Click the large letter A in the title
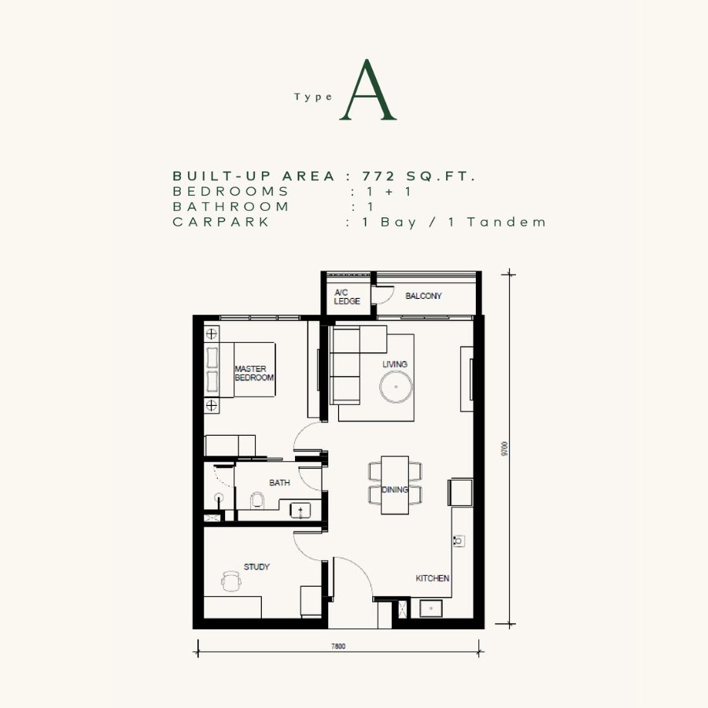tap(368, 90)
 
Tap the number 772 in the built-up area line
tap(378, 176)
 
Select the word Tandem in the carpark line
tap(506, 222)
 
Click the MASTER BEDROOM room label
tap(254, 374)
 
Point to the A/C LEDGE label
tap(347, 297)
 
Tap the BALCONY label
tap(423, 297)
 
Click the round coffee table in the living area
tap(396, 387)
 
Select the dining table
tap(395, 485)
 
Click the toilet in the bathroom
tap(257, 500)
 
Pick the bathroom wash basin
tap(301, 511)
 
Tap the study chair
tap(231, 581)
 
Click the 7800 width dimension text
tap(338, 646)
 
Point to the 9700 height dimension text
tap(505, 449)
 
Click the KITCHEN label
tap(433, 578)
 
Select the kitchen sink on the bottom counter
tap(431, 609)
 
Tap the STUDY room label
tap(256, 566)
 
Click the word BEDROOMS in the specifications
tap(230, 191)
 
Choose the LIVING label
tap(395, 364)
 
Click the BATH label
tap(279, 483)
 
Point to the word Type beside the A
tap(313, 97)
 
